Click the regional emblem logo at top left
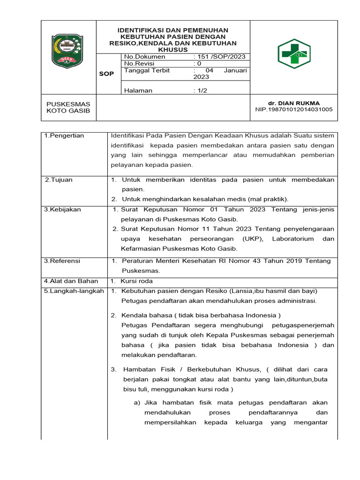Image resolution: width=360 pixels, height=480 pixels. pyautogui.click(x=68, y=49)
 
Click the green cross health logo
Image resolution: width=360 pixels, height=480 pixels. pyautogui.click(x=294, y=54)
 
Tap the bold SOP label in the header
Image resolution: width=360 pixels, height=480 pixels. pyautogui.click(x=106, y=74)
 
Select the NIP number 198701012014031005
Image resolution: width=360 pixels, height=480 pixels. pyautogui.click(x=293, y=110)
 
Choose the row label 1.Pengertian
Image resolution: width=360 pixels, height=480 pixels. pyautogui.click(x=64, y=136)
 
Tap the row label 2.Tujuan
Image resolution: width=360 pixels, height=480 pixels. pyautogui.click(x=59, y=180)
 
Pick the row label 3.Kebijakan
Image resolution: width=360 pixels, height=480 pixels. pyautogui.click(x=62, y=210)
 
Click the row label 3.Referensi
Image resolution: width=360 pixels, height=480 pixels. pyautogui.click(x=62, y=261)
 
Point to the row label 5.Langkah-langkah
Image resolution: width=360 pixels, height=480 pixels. pyautogui.click(x=74, y=291)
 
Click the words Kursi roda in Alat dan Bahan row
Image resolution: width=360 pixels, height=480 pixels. pyautogui.click(x=137, y=281)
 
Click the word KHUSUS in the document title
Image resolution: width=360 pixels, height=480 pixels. pyautogui.click(x=173, y=49)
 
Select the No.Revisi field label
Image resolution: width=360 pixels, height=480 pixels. pyautogui.click(x=140, y=64)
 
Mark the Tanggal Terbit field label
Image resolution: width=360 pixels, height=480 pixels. pyautogui.click(x=147, y=71)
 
